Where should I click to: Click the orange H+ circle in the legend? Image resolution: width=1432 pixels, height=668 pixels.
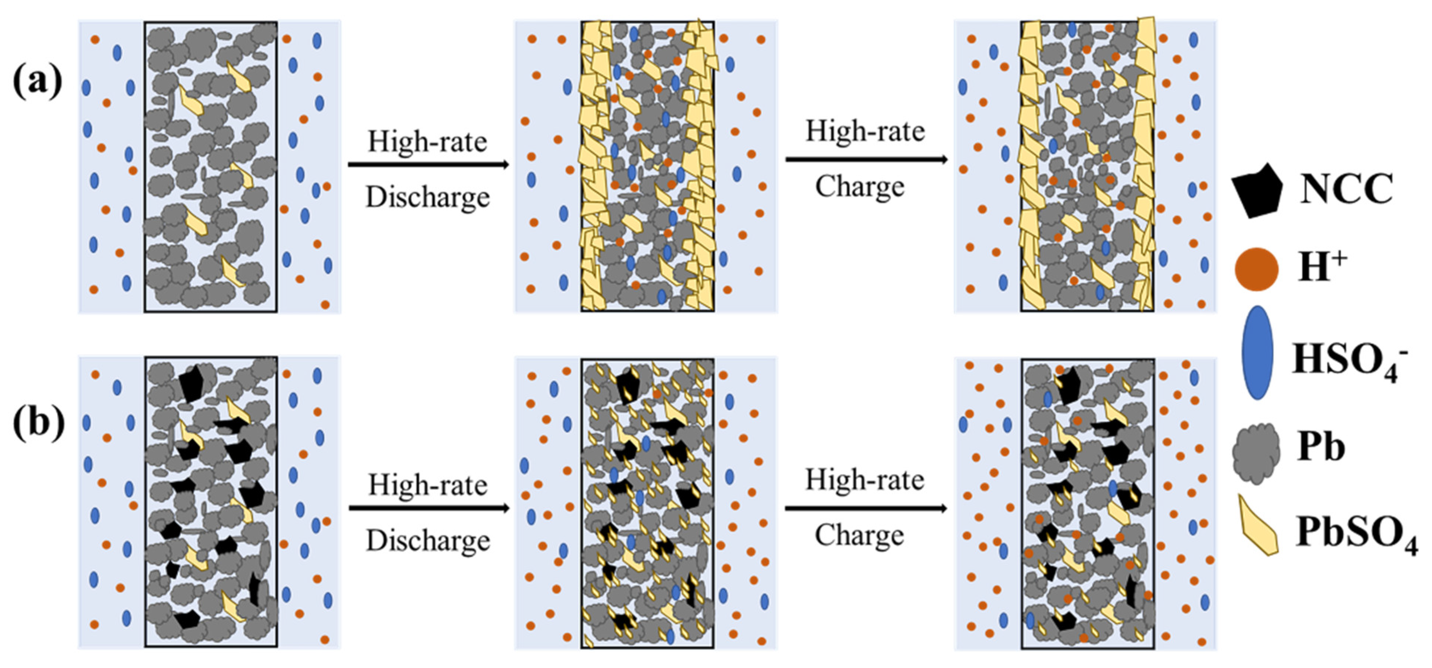pos(1256,269)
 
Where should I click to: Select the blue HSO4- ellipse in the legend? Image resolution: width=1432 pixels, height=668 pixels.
pos(1257,353)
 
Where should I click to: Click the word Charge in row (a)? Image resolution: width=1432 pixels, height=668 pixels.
pos(860,187)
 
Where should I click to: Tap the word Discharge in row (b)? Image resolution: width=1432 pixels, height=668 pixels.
pos(428,540)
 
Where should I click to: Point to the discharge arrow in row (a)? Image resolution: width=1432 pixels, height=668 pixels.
pos(428,164)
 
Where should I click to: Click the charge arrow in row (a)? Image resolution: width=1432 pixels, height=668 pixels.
pos(866,160)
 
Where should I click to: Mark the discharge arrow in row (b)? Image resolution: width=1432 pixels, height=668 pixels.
pos(429,508)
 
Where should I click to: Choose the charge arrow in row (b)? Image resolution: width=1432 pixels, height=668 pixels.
pos(866,508)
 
